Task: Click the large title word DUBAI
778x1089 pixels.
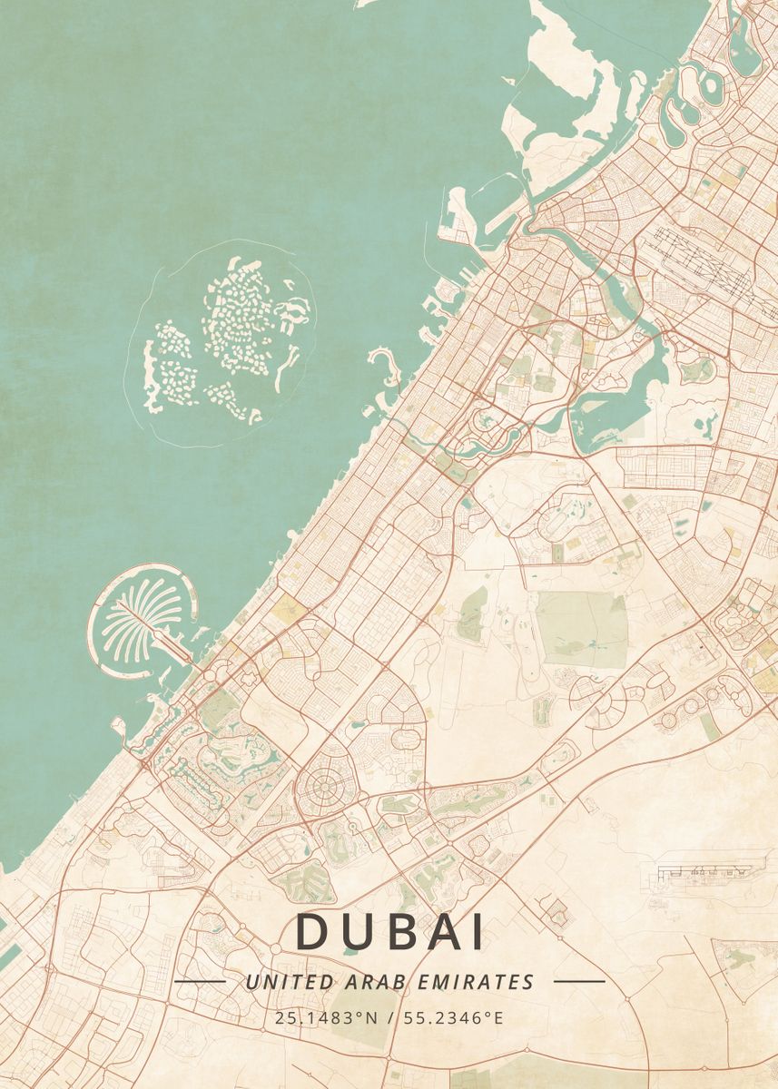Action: click(x=389, y=932)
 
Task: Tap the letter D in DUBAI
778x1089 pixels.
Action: click(x=312, y=932)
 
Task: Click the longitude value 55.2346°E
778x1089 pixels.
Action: click(x=451, y=1017)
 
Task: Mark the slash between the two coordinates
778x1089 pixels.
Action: click(x=389, y=1017)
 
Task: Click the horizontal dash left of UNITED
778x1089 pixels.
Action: click(x=199, y=982)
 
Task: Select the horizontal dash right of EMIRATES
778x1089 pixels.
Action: click(x=578, y=982)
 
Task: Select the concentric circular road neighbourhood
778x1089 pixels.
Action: click(x=321, y=788)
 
